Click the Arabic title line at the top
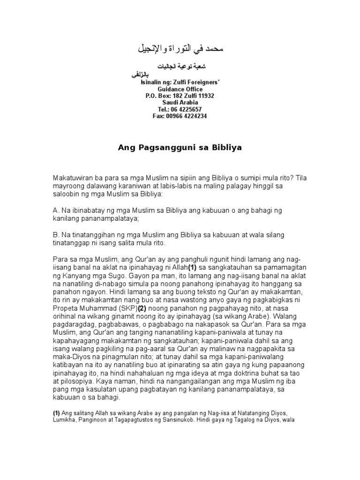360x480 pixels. pyautogui.click(x=180, y=48)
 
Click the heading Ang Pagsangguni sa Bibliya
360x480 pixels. pyautogui.click(x=180, y=148)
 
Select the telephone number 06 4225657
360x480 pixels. pyautogui.click(x=186, y=109)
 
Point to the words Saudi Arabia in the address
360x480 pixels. pyautogui.click(x=180, y=103)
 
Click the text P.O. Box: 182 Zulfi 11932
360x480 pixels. pyautogui.click(x=180, y=96)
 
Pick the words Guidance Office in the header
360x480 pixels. pyautogui.click(x=180, y=89)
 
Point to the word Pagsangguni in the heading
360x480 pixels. pyautogui.click(x=158, y=148)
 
